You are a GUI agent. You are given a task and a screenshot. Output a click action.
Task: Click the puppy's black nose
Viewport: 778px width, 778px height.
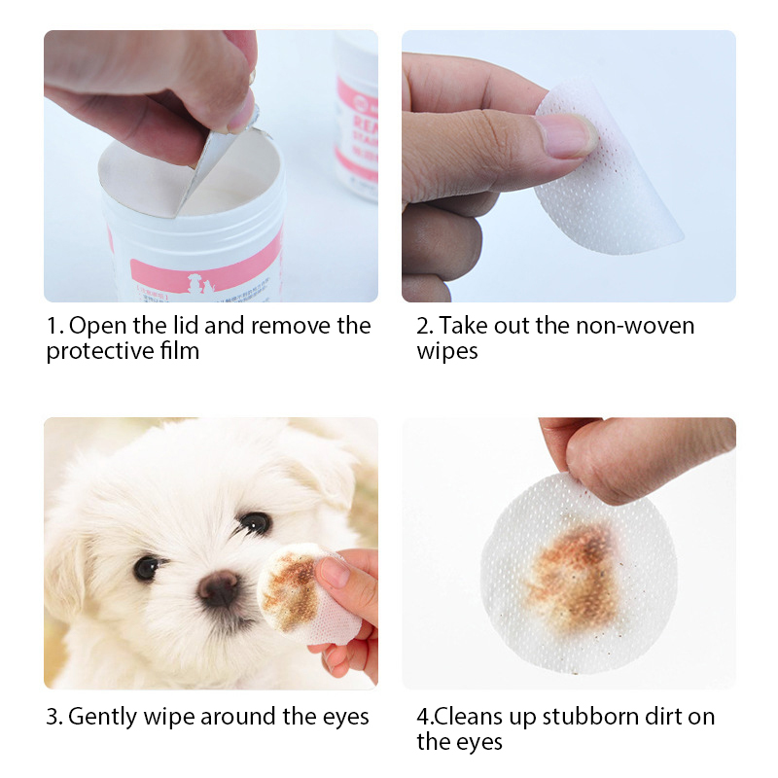(x=218, y=588)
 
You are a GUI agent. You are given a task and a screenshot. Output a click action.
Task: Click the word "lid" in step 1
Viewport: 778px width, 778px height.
(x=186, y=326)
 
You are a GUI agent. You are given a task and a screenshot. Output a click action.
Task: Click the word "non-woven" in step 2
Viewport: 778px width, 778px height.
(x=635, y=326)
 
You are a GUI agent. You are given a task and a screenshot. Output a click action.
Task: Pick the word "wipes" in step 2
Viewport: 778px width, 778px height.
(x=447, y=352)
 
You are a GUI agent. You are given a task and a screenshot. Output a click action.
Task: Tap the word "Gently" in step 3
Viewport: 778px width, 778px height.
(x=102, y=718)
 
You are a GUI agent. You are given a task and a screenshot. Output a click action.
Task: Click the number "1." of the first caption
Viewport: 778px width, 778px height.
(x=55, y=326)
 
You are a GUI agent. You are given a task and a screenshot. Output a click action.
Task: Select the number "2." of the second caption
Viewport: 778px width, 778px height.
(x=425, y=326)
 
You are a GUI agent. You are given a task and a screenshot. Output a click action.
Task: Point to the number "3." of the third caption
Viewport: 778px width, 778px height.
(x=54, y=717)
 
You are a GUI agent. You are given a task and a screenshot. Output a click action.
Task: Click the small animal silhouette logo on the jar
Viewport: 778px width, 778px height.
(x=199, y=284)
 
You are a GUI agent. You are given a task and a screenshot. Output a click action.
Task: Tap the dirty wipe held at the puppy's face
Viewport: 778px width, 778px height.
(x=307, y=593)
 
